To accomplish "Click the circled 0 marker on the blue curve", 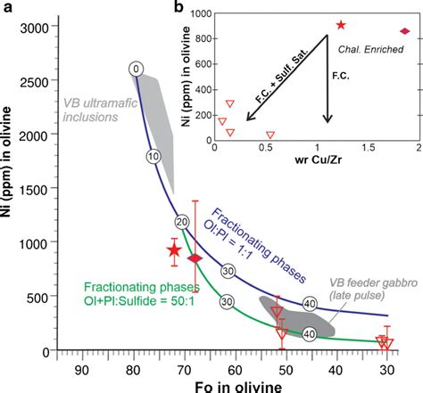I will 135,69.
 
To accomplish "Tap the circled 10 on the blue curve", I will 153,156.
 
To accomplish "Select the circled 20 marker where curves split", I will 182,222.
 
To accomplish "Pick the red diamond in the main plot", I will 196,258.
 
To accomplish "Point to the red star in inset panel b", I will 340,25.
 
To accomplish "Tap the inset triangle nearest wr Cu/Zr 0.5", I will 270,135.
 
